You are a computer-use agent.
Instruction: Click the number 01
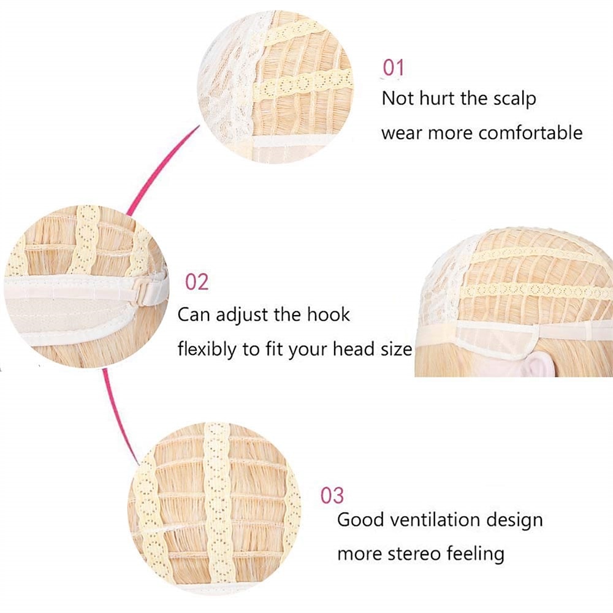click(393, 67)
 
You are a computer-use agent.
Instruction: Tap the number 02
click(197, 282)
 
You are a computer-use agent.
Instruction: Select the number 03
click(332, 495)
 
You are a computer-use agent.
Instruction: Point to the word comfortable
click(530, 133)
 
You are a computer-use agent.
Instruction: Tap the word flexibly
click(207, 349)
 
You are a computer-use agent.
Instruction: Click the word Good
click(360, 520)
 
